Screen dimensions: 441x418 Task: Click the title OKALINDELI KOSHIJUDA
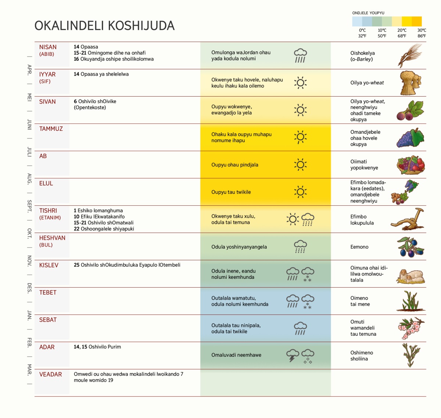(104, 26)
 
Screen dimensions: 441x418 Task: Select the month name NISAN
(48, 47)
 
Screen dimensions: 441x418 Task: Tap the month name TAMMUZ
(51, 129)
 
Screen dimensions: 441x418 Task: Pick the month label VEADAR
(50, 374)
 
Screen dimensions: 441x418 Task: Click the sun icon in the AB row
(300, 165)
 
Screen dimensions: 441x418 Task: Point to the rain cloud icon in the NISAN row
(300, 55)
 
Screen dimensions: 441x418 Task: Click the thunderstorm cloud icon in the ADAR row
(293, 355)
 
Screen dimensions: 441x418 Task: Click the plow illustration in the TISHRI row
(408, 219)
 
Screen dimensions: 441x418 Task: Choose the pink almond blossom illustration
(411, 328)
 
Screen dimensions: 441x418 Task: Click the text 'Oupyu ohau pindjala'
(235, 165)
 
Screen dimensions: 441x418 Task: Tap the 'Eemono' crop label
(359, 247)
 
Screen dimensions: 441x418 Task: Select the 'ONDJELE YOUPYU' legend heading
(368, 13)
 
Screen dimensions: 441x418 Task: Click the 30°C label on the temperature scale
(422, 30)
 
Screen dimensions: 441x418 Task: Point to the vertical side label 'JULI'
(29, 152)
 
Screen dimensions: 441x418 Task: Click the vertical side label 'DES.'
(29, 288)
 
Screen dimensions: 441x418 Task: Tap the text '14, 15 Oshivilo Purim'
(97, 347)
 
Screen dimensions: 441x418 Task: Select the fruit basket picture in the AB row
(411, 165)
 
